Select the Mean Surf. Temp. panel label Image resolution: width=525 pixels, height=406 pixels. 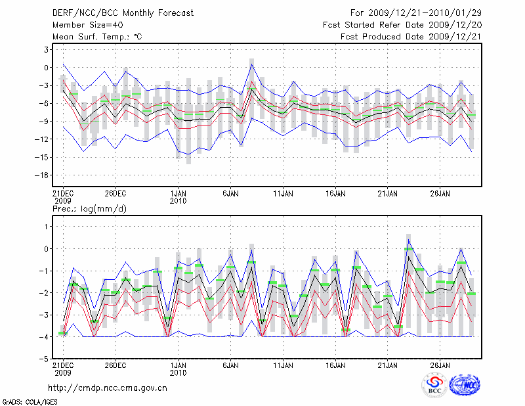(97, 37)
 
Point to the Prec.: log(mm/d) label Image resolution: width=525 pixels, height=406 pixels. (89, 209)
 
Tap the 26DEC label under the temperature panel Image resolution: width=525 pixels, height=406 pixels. (115, 194)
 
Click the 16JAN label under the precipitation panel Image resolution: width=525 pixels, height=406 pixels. (335, 365)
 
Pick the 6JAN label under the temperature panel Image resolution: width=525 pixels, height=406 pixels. (230, 194)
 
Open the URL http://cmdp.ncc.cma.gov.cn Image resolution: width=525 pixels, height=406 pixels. (108, 387)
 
